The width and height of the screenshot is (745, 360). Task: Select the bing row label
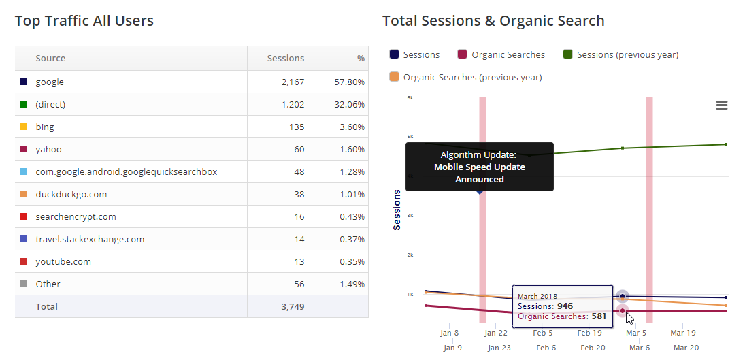(45, 127)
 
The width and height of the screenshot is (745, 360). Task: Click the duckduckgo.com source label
(71, 194)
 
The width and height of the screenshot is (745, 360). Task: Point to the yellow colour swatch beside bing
(24, 127)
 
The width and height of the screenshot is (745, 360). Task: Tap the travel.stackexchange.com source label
(90, 239)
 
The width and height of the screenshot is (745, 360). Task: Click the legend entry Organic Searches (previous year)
(472, 77)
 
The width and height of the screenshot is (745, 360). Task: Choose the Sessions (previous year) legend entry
(627, 54)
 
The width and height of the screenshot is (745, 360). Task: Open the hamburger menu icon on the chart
(722, 105)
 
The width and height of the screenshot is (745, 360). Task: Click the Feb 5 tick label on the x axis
(543, 333)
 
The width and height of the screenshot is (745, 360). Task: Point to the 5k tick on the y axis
(410, 137)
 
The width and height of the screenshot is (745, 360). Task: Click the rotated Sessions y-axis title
(397, 210)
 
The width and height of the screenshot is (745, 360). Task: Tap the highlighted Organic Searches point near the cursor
(622, 311)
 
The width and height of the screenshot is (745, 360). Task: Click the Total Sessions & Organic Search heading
(493, 21)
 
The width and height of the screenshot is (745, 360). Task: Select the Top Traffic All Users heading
(84, 21)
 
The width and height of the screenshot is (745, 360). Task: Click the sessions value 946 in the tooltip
(565, 306)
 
